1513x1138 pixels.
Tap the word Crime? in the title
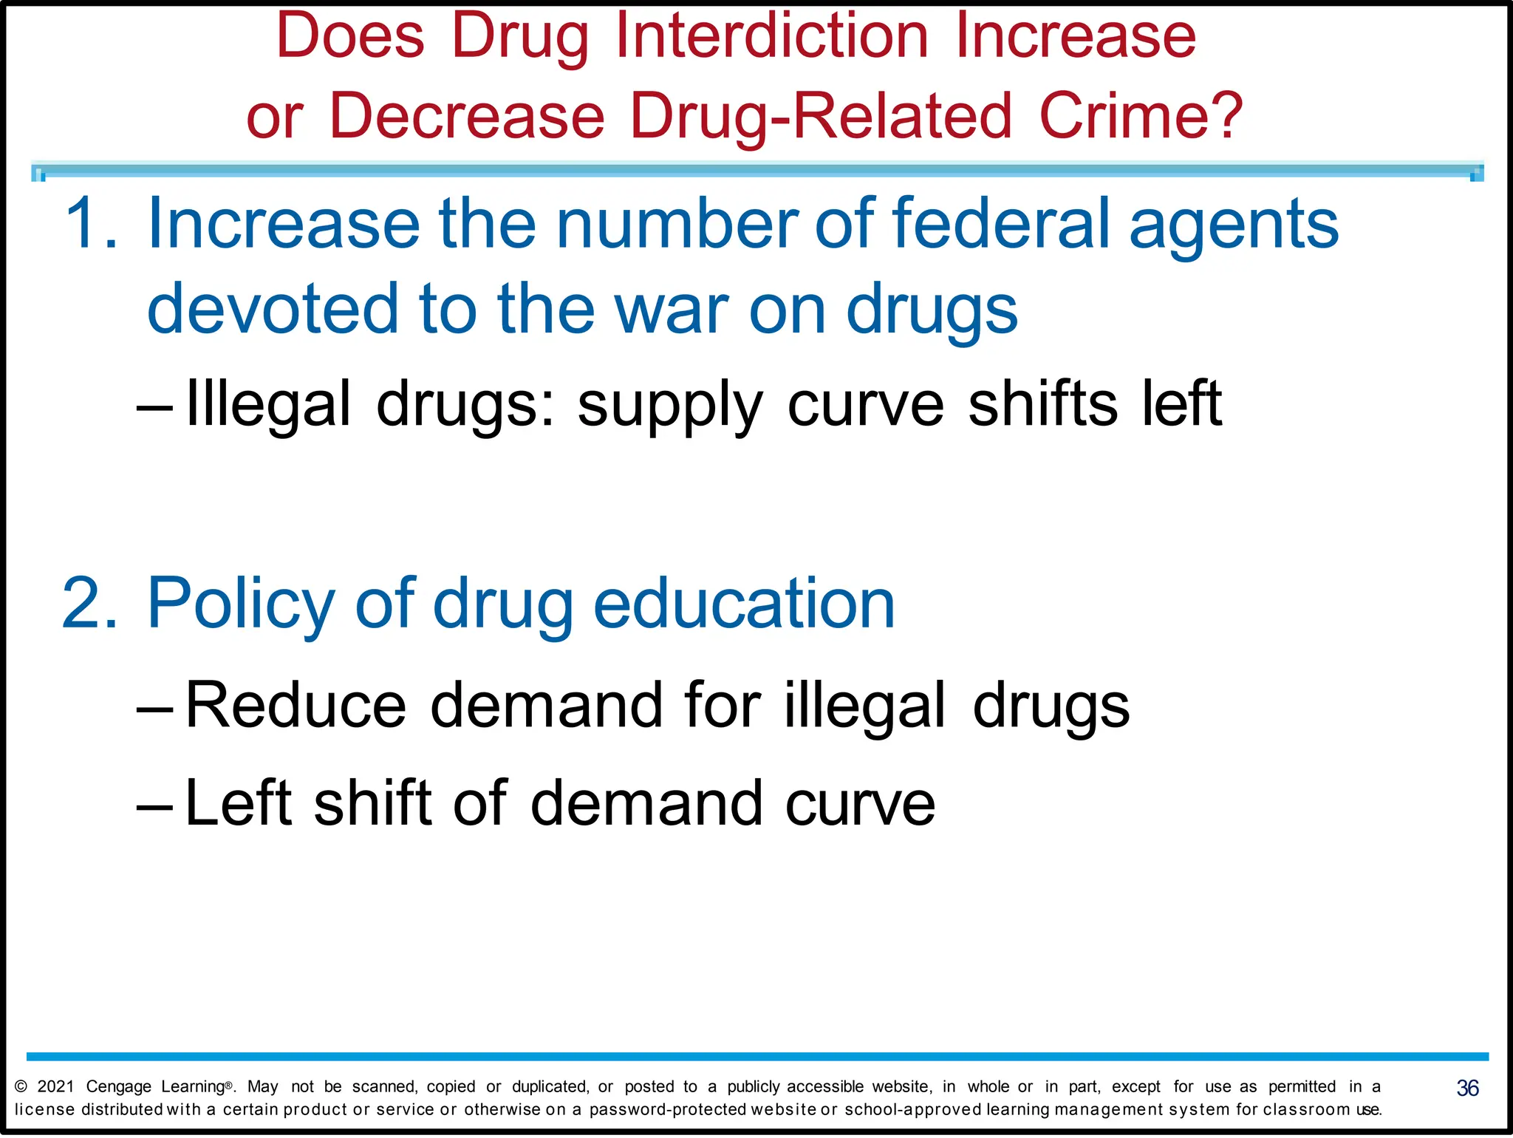(1141, 116)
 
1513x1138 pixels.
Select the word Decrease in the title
(467, 116)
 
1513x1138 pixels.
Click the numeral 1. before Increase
(91, 223)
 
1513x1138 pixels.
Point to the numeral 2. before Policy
(89, 604)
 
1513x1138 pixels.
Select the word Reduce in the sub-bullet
(296, 705)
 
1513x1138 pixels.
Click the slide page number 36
(1467, 1088)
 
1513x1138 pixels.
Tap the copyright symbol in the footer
(21, 1086)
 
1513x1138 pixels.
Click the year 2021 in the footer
(55, 1086)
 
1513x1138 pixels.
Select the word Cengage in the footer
(118, 1087)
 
